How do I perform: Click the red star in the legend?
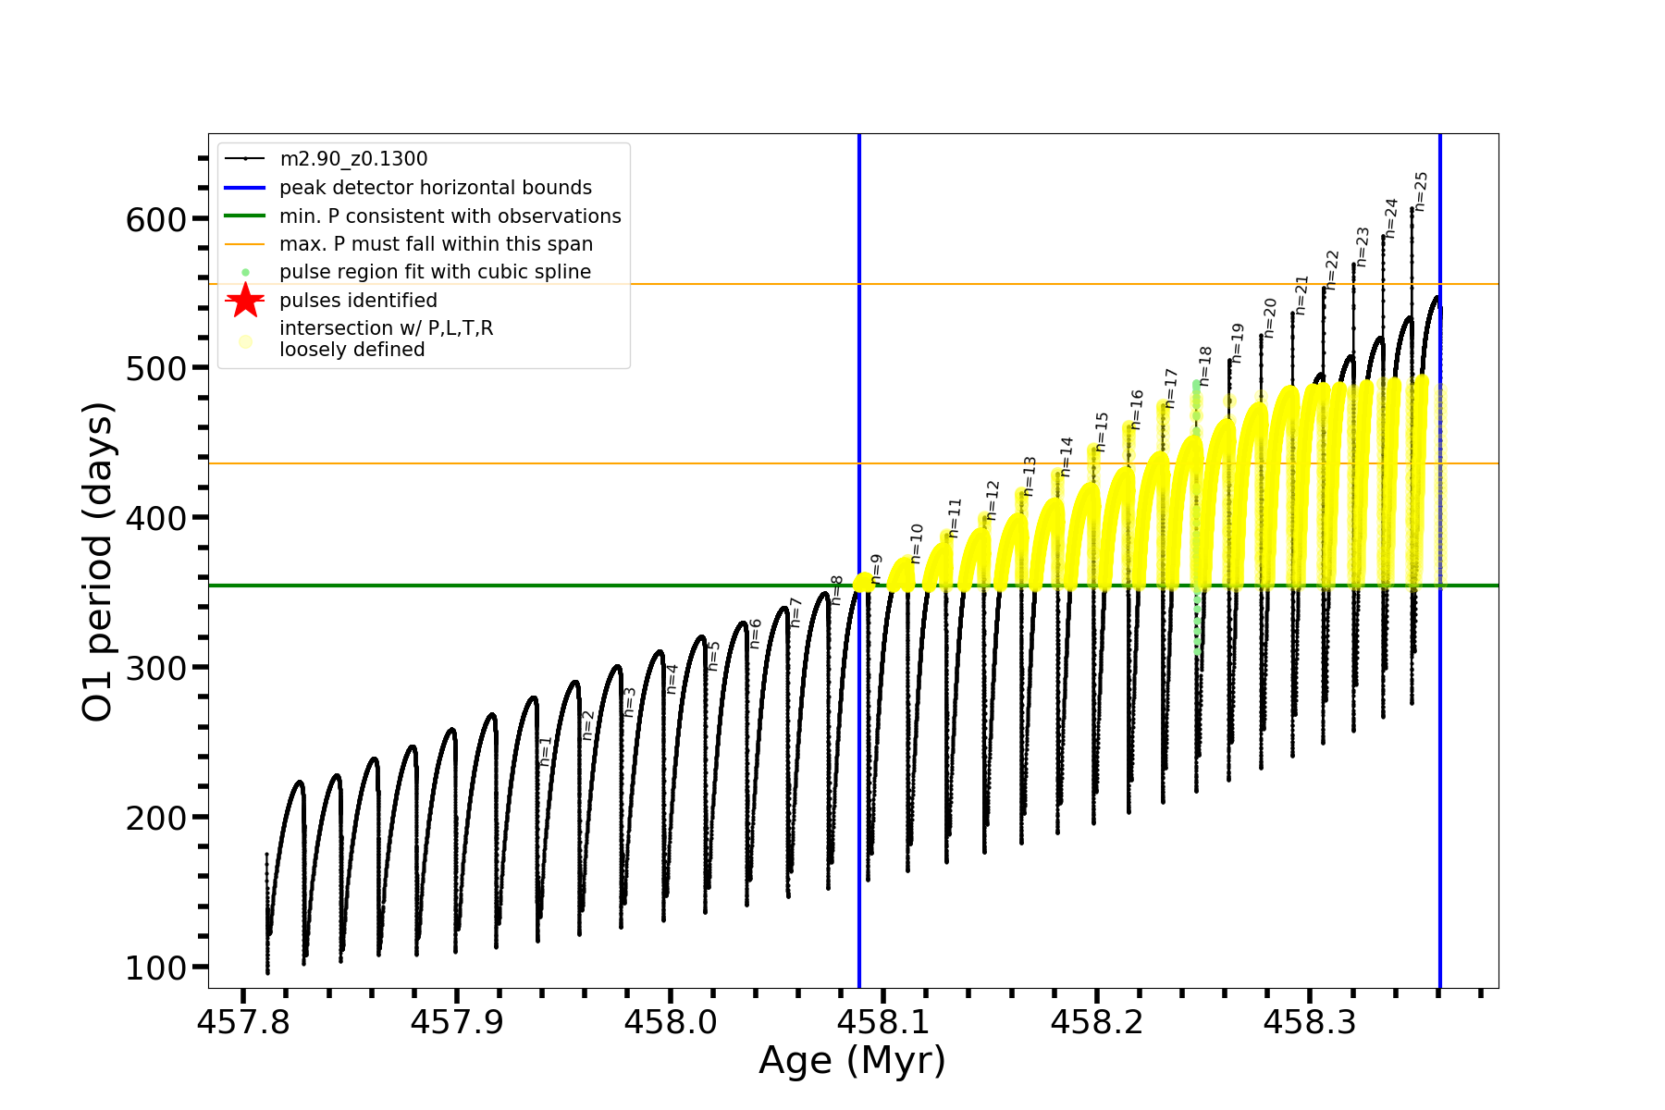click(x=245, y=300)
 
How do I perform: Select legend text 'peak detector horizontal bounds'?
click(x=435, y=188)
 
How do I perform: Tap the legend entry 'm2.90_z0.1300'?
click(x=353, y=159)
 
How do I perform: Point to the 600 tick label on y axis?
click(x=155, y=220)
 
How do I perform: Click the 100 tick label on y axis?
click(x=155, y=968)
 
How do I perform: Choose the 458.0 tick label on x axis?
click(x=670, y=1022)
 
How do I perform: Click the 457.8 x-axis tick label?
click(x=243, y=1022)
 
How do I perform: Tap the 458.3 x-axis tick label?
click(x=1309, y=1022)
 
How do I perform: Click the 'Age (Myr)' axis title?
click(x=852, y=1061)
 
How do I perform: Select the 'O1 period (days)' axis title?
click(x=97, y=561)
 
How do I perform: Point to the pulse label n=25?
click(x=1422, y=191)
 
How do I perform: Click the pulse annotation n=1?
click(x=546, y=750)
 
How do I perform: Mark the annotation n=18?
click(x=1204, y=366)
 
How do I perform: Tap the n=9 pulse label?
click(x=877, y=569)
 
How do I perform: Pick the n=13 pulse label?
click(x=1030, y=475)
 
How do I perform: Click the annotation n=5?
click(x=713, y=656)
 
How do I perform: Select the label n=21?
click(x=1301, y=294)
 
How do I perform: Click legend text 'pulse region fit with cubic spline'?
click(x=435, y=272)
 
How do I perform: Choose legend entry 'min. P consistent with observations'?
click(x=450, y=216)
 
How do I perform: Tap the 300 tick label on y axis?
click(x=155, y=669)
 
